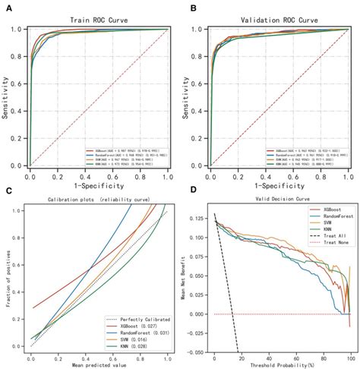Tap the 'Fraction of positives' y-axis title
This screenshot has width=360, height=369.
pos(7,279)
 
